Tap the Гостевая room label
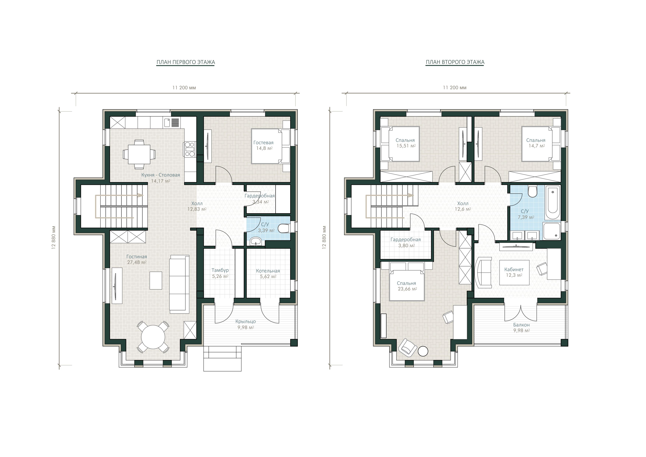[263, 143]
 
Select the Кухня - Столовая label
[160, 175]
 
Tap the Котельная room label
[268, 271]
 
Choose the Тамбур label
[220, 270]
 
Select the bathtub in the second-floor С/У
[553, 202]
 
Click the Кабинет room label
[514, 269]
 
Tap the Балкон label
[521, 325]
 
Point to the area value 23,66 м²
[407, 289]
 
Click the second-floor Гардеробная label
[405, 240]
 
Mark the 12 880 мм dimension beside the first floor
[53, 238]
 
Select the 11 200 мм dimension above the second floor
[455, 87]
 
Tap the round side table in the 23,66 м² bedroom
[423, 351]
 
